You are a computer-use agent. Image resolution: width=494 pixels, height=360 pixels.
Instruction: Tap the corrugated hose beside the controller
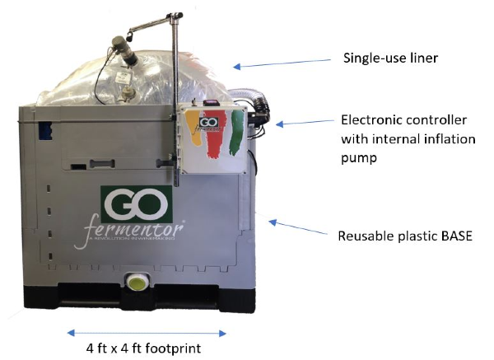(246, 100)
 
